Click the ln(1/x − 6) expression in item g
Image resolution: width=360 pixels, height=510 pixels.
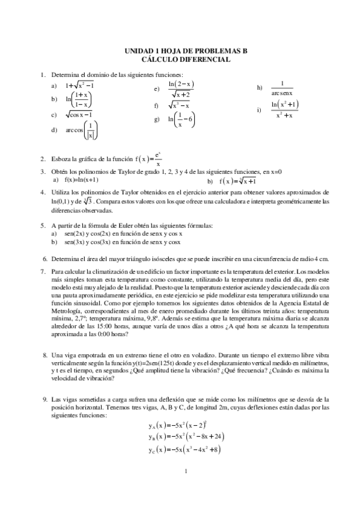pyautogui.click(x=177, y=120)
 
